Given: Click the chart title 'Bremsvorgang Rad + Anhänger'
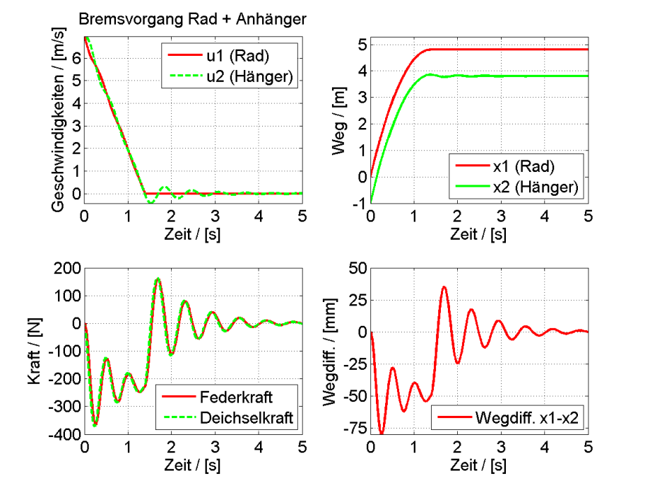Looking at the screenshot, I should point(192,20).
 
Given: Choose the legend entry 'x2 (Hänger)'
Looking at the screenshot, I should point(533,187).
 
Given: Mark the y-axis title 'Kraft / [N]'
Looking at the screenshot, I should point(32,352).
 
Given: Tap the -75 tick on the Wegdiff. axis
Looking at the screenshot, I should point(355,429).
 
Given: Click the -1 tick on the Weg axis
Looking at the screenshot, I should point(360,204).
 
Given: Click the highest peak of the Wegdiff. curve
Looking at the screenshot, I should point(444,286).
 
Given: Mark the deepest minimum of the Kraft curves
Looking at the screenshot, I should point(95,425).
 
